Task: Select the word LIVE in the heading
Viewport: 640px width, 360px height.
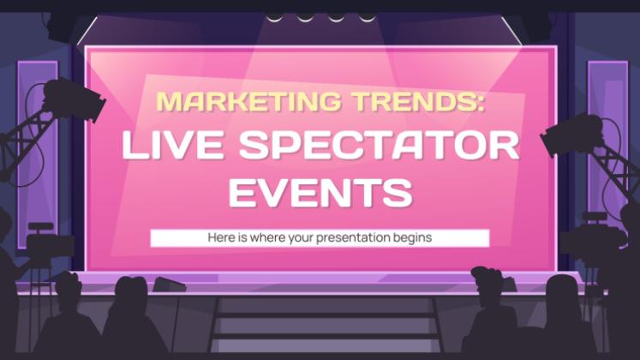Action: click(x=173, y=146)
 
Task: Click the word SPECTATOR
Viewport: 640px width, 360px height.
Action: click(x=380, y=146)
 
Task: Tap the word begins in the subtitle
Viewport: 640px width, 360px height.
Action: click(x=412, y=238)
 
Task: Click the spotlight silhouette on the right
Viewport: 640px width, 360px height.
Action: click(x=571, y=134)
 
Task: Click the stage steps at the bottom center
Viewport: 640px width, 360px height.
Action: click(x=326, y=325)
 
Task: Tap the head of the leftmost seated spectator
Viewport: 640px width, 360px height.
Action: click(x=68, y=286)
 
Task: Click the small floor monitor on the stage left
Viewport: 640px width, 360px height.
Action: click(x=169, y=285)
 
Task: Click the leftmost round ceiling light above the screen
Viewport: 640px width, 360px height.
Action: click(x=274, y=17)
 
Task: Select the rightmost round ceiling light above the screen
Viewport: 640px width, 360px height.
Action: click(x=367, y=17)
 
